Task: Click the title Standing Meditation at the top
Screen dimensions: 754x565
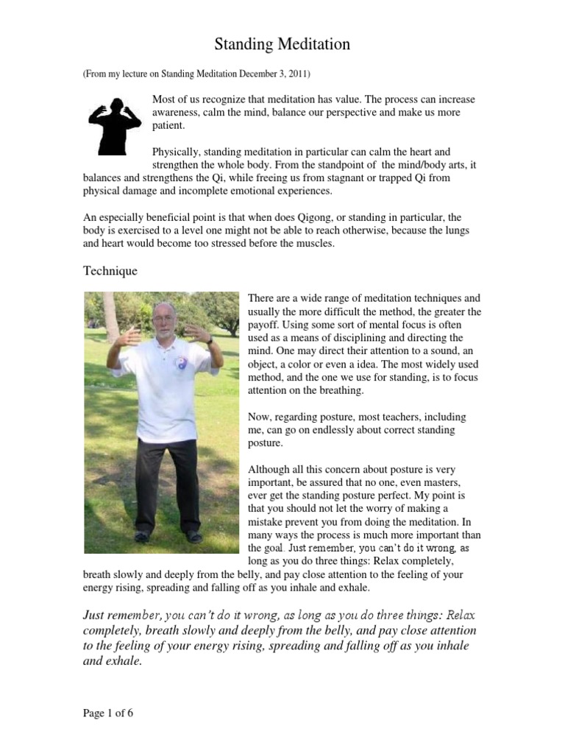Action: click(282, 45)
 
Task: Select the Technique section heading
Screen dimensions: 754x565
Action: click(110, 271)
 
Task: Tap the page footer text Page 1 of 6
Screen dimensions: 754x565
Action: click(107, 713)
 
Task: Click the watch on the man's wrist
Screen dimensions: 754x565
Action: click(210, 340)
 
